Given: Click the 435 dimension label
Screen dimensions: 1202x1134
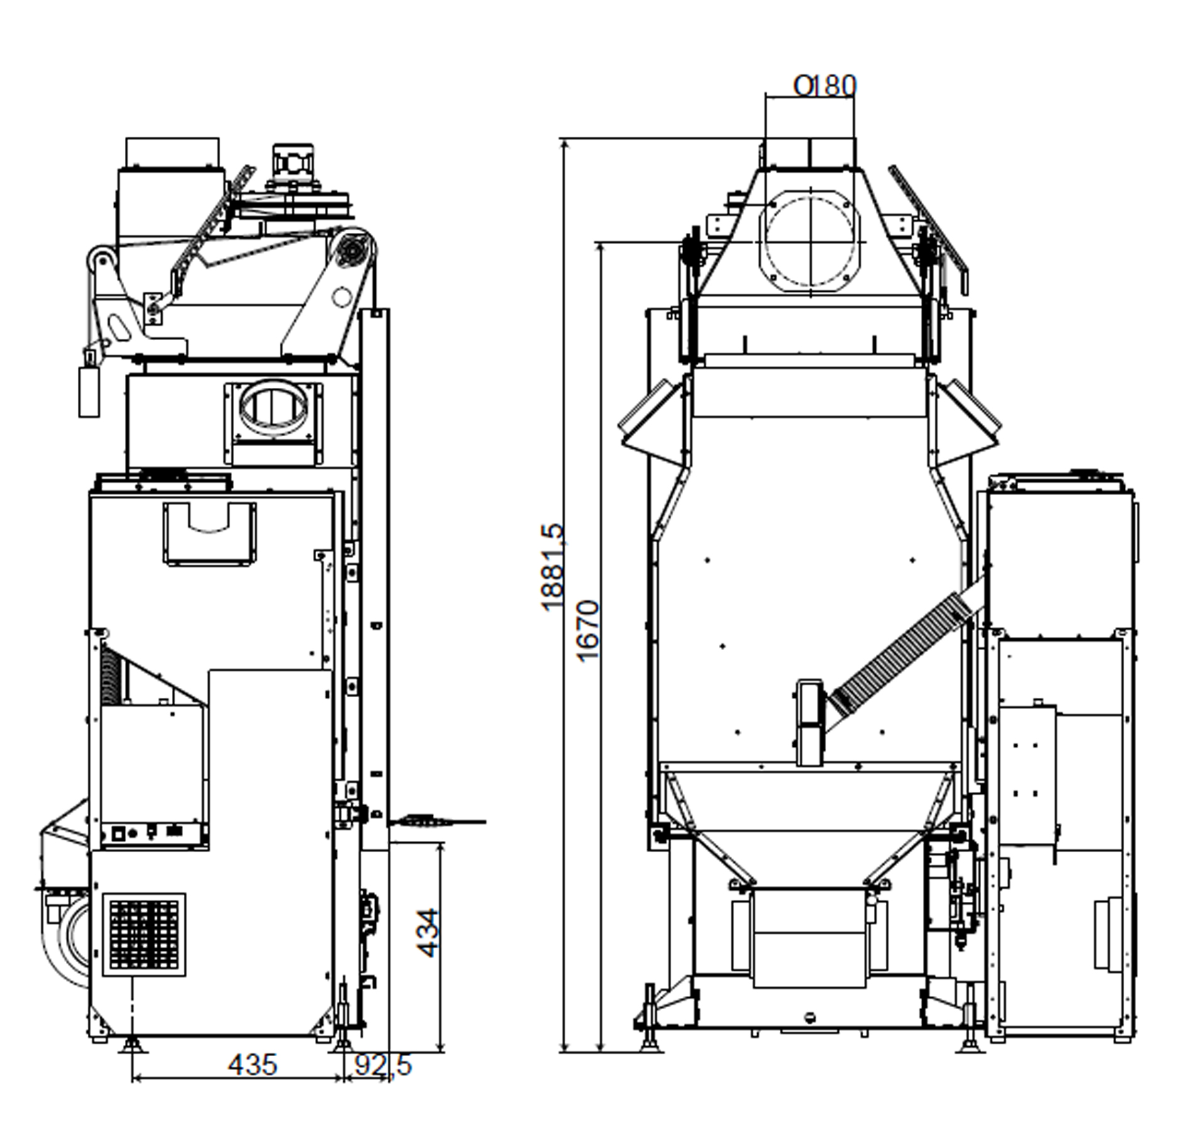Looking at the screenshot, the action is pyautogui.click(x=252, y=1064).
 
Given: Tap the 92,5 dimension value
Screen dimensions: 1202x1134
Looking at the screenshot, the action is pyautogui.click(x=383, y=1064).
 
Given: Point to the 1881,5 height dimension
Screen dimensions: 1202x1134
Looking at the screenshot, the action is pyautogui.click(x=552, y=569).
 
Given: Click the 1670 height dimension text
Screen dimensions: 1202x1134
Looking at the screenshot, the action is pyautogui.click(x=588, y=631).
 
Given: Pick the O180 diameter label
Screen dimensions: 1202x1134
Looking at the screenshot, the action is pyautogui.click(x=824, y=86).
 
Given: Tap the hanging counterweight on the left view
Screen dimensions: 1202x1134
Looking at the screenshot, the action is pyautogui.click(x=89, y=391).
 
